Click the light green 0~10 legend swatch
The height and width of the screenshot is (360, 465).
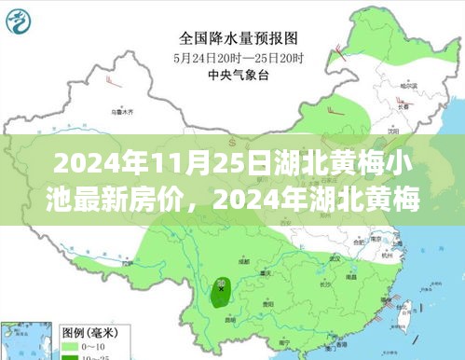pyautogui.click(x=70, y=345)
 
